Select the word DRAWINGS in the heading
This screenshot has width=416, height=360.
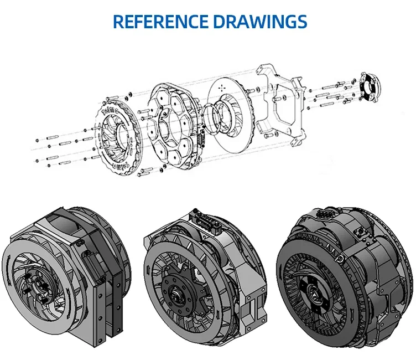(260, 22)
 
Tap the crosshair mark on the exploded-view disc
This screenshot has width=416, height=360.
(222, 88)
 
